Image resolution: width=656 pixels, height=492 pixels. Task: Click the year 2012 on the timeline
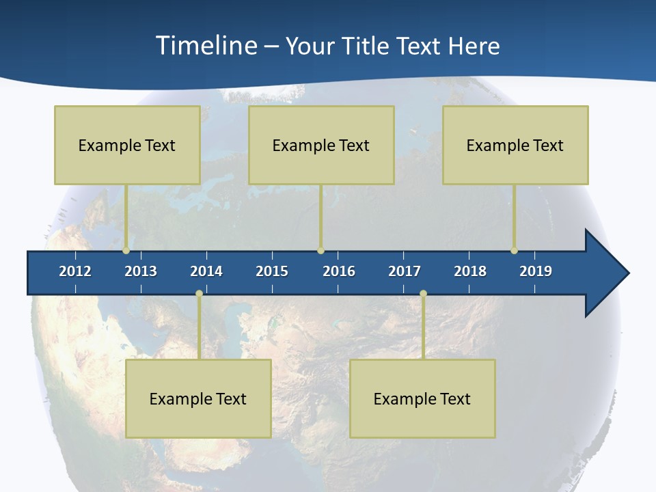point(75,271)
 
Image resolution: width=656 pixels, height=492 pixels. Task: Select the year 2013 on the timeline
point(141,271)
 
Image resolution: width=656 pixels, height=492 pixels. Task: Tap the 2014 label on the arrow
point(206,271)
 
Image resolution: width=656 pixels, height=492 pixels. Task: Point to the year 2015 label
point(272,271)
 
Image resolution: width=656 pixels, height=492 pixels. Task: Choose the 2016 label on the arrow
point(339,271)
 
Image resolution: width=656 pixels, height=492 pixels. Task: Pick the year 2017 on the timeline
point(405,271)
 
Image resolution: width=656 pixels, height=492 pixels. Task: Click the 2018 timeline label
point(470,271)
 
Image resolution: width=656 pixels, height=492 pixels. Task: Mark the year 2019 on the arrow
point(536,271)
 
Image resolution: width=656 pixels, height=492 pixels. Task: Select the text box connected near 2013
point(127,145)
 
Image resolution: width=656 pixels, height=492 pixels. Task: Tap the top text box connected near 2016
point(321,145)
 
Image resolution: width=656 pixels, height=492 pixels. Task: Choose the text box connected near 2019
point(515,145)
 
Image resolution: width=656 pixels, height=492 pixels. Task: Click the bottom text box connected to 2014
point(198,398)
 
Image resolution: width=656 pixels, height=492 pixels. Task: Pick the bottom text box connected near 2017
point(422,398)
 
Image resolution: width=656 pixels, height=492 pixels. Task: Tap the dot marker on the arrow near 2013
point(126,251)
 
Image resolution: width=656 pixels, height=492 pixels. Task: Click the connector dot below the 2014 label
point(199,293)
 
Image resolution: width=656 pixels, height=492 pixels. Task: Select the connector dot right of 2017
point(423,293)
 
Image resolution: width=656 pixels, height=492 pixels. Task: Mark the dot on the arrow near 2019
point(515,251)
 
